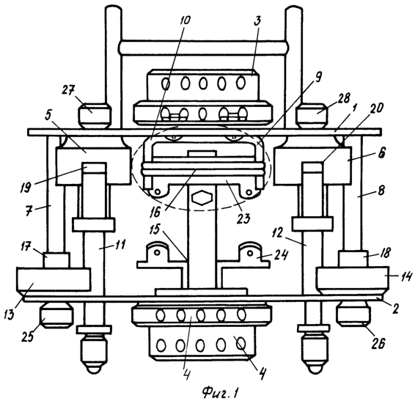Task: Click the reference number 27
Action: (x=68, y=90)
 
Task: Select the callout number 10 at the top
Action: (x=185, y=20)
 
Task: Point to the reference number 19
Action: (x=26, y=188)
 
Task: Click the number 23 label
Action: (x=243, y=218)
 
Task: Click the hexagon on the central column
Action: (x=202, y=198)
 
